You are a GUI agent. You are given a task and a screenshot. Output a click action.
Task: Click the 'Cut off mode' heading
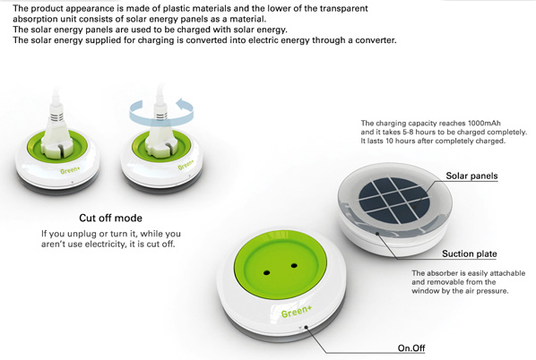[x=110, y=218]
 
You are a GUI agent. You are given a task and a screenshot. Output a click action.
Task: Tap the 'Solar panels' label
[x=471, y=176]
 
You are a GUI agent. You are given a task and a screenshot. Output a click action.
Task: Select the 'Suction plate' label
[x=469, y=253]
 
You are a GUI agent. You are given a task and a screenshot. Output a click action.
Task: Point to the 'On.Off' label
[x=411, y=348]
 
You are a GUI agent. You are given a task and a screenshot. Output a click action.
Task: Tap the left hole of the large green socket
[x=266, y=272]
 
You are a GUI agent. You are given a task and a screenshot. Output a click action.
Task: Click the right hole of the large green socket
[x=294, y=265]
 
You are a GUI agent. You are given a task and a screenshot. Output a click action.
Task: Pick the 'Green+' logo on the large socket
[x=297, y=311]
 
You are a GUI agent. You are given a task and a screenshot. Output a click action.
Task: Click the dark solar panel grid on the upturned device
[x=393, y=200]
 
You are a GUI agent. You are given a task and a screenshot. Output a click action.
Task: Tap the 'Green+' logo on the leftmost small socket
[x=70, y=170]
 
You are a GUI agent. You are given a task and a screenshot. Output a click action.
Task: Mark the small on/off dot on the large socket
[x=306, y=327]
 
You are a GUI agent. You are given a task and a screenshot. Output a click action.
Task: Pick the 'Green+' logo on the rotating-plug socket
[x=186, y=165]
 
